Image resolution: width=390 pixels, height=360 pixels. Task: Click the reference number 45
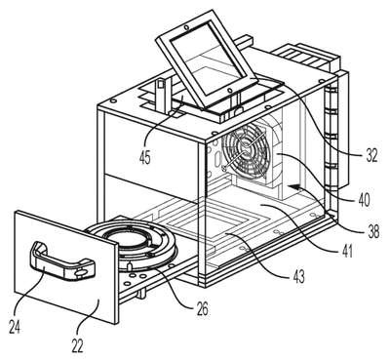tap(145, 158)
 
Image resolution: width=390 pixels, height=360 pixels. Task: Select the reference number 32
tap(370, 155)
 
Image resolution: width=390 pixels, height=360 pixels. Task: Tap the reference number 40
tap(364, 199)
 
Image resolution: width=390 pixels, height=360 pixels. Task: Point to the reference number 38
tap(372, 231)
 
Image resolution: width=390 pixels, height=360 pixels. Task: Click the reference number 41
tap(346, 251)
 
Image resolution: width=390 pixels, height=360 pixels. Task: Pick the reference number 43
tap(298, 276)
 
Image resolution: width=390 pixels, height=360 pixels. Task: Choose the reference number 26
tap(202, 309)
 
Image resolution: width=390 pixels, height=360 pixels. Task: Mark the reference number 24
tap(15, 327)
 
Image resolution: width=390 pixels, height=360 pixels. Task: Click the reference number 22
tap(76, 346)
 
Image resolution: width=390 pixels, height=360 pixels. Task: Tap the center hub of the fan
tap(247, 149)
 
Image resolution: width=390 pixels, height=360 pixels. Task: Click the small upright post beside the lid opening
tap(162, 96)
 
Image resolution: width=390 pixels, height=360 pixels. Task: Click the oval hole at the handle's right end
tap(80, 273)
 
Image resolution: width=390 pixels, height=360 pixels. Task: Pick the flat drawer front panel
tap(66, 266)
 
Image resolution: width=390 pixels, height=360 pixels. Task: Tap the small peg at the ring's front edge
tap(129, 266)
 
